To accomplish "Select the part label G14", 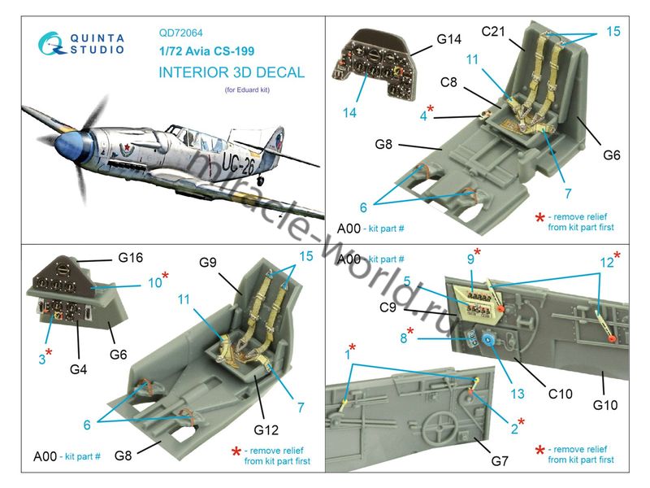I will tap(448, 39).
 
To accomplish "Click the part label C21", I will tap(495, 32).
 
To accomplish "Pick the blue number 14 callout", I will tap(349, 113).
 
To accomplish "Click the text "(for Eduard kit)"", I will tap(245, 90).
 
